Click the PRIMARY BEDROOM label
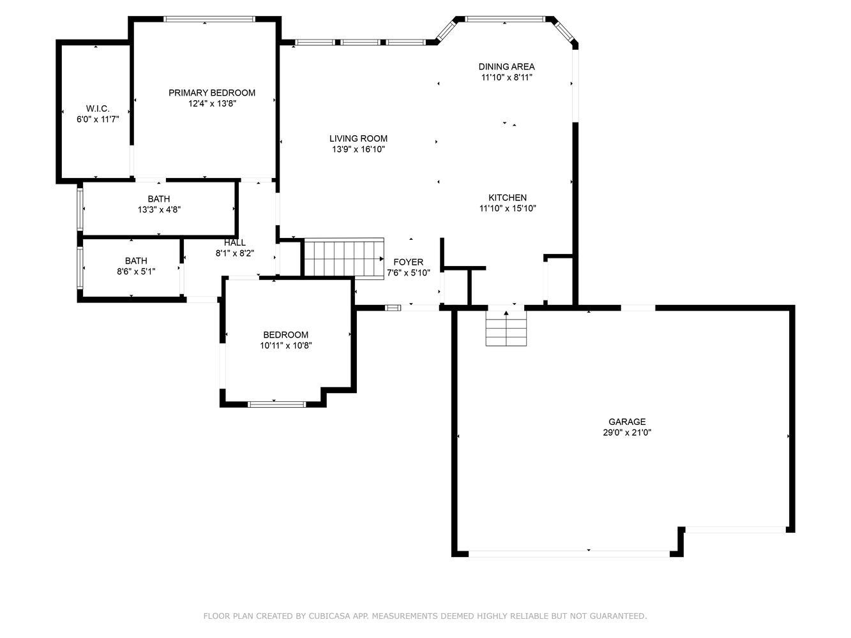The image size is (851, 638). point(212,93)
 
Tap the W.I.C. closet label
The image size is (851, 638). point(98,108)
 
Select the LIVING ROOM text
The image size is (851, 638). point(358,138)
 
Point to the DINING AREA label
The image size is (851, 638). point(506,66)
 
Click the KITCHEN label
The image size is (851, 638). point(508,198)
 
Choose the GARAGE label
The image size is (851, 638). point(627,422)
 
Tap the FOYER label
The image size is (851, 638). point(408,262)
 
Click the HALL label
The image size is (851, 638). point(234,243)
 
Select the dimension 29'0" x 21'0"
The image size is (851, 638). point(627,433)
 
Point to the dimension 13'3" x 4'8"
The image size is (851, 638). point(159,210)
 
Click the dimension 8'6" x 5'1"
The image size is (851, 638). point(136,272)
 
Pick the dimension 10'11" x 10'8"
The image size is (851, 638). point(286,346)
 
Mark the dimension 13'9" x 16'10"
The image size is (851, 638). point(358,149)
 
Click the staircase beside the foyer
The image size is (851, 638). point(344,258)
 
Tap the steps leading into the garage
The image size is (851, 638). point(506,328)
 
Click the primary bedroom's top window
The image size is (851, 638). point(209,19)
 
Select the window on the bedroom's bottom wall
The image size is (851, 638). point(277,404)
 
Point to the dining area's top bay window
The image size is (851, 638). point(505,19)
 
